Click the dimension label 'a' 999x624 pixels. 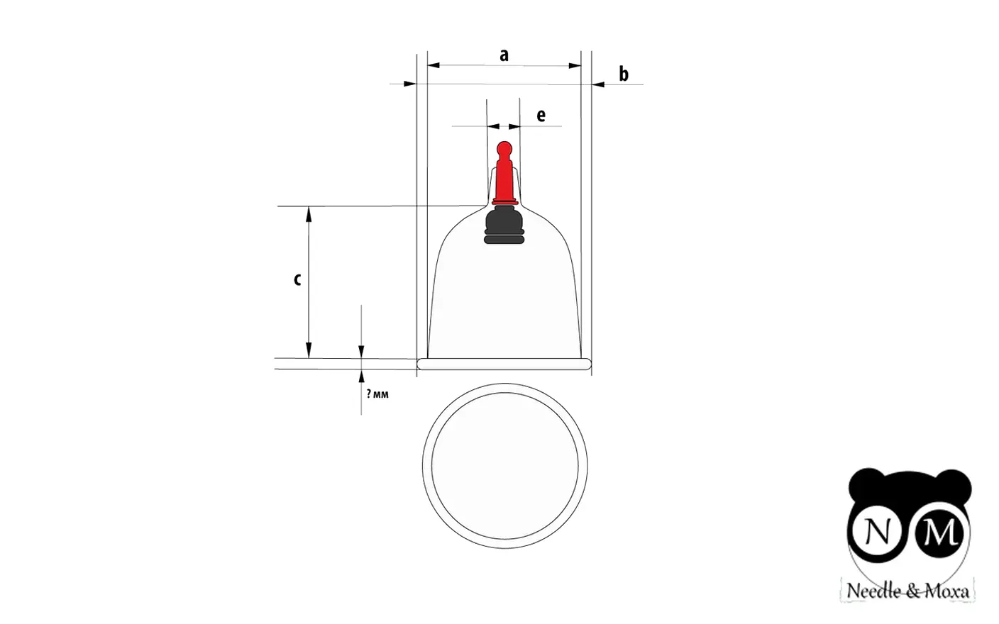coord(504,55)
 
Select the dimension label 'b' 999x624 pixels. coord(624,74)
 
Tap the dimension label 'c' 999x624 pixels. coord(297,279)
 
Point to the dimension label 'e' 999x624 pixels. coord(541,116)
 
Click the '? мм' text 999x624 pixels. coord(377,394)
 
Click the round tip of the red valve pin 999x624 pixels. coord(504,148)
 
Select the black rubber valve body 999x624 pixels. coord(504,225)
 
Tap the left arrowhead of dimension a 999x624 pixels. coord(434,65)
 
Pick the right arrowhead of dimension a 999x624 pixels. coord(575,66)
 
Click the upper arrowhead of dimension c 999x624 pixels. coord(309,214)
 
